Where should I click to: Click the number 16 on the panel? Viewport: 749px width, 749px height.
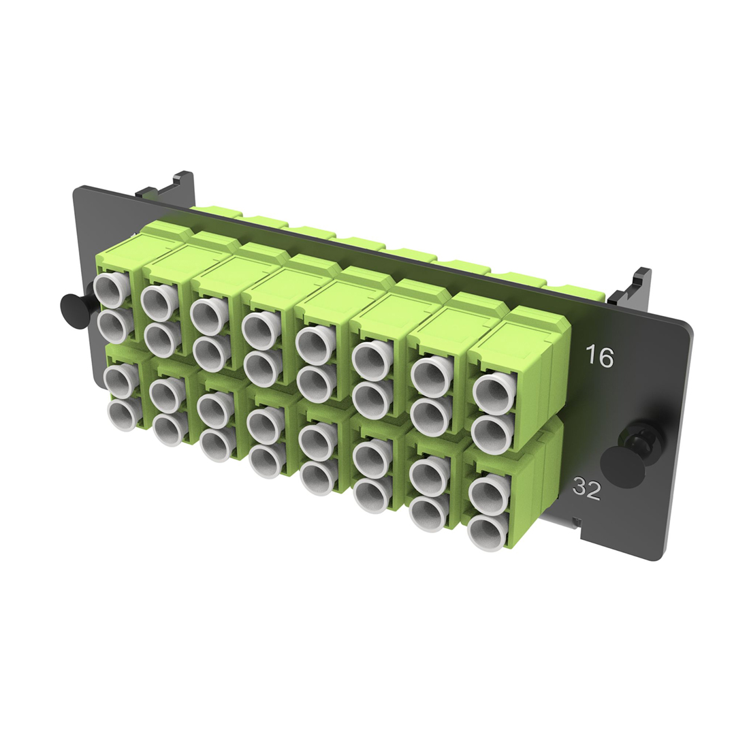(x=600, y=356)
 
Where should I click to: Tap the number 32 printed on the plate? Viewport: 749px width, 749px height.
(x=586, y=488)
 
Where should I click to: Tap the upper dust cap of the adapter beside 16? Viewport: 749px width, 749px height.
(x=490, y=392)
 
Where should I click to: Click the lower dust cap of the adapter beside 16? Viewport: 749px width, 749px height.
(x=490, y=433)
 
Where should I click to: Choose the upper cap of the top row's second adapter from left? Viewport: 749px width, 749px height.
(x=157, y=300)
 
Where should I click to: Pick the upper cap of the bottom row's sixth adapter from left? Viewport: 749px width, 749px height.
(x=370, y=455)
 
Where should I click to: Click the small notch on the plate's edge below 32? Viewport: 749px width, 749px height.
(x=577, y=522)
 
